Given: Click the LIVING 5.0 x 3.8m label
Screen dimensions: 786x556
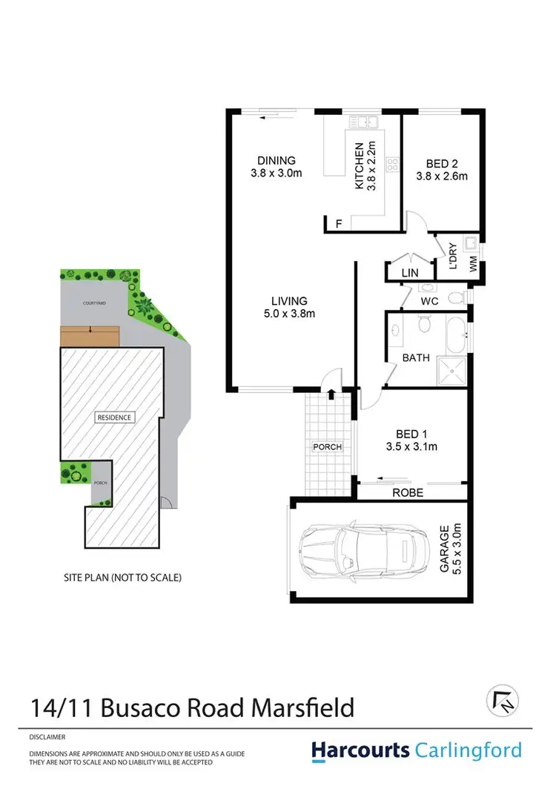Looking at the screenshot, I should pyautogui.click(x=288, y=307).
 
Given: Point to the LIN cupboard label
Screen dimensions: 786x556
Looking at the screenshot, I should pyautogui.click(x=410, y=274).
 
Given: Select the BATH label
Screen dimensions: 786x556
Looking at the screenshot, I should pyautogui.click(x=416, y=357).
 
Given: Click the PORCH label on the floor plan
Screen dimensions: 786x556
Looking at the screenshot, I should pyautogui.click(x=328, y=446).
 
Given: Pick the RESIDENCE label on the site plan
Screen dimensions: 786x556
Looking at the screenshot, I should pyautogui.click(x=114, y=417).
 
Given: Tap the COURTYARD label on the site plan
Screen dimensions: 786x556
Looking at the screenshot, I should pyautogui.click(x=95, y=303).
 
